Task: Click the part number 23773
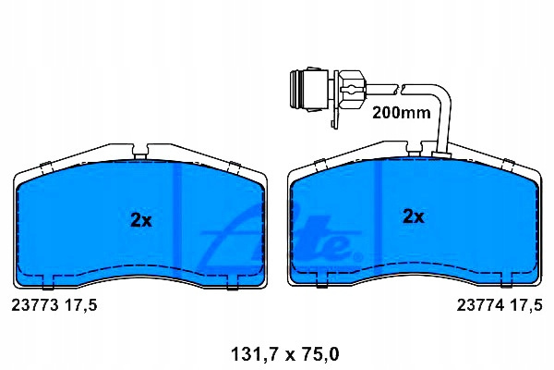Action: [35, 304]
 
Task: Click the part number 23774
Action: [480, 304]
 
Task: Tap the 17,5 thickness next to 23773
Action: [80, 305]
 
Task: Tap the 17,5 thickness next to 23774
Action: [525, 305]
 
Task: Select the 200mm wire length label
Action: [402, 113]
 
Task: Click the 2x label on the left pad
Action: [141, 220]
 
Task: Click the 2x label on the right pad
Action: [414, 216]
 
